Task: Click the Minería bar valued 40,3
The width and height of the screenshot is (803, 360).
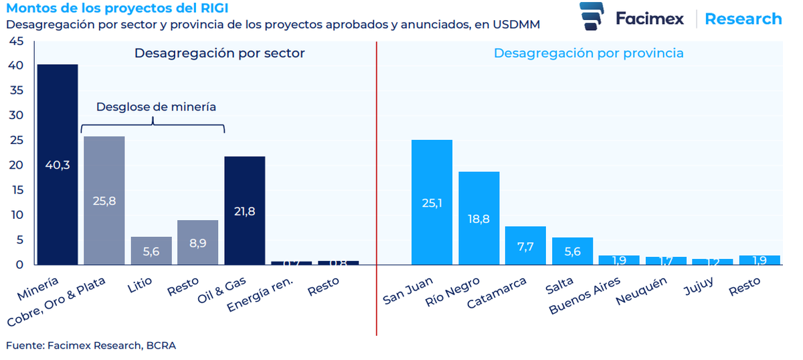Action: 58,164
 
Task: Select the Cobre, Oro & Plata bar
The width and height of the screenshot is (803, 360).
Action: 104,200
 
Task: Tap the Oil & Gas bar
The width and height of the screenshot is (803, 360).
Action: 244,210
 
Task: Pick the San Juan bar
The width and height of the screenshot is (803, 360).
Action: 432,202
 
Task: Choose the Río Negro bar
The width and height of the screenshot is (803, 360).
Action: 478,218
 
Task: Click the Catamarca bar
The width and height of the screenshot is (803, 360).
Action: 525,246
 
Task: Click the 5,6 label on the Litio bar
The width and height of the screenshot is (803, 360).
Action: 151,251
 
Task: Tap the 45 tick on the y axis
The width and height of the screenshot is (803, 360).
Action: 17,41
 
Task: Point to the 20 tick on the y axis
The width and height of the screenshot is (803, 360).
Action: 17,165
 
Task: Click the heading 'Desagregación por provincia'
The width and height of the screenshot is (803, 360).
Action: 588,53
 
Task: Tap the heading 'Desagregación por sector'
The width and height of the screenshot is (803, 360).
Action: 219,53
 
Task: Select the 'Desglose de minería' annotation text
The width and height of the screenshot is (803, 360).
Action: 157,106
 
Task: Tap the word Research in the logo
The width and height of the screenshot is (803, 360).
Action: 743,19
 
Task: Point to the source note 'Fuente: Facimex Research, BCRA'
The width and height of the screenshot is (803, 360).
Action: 91,345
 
